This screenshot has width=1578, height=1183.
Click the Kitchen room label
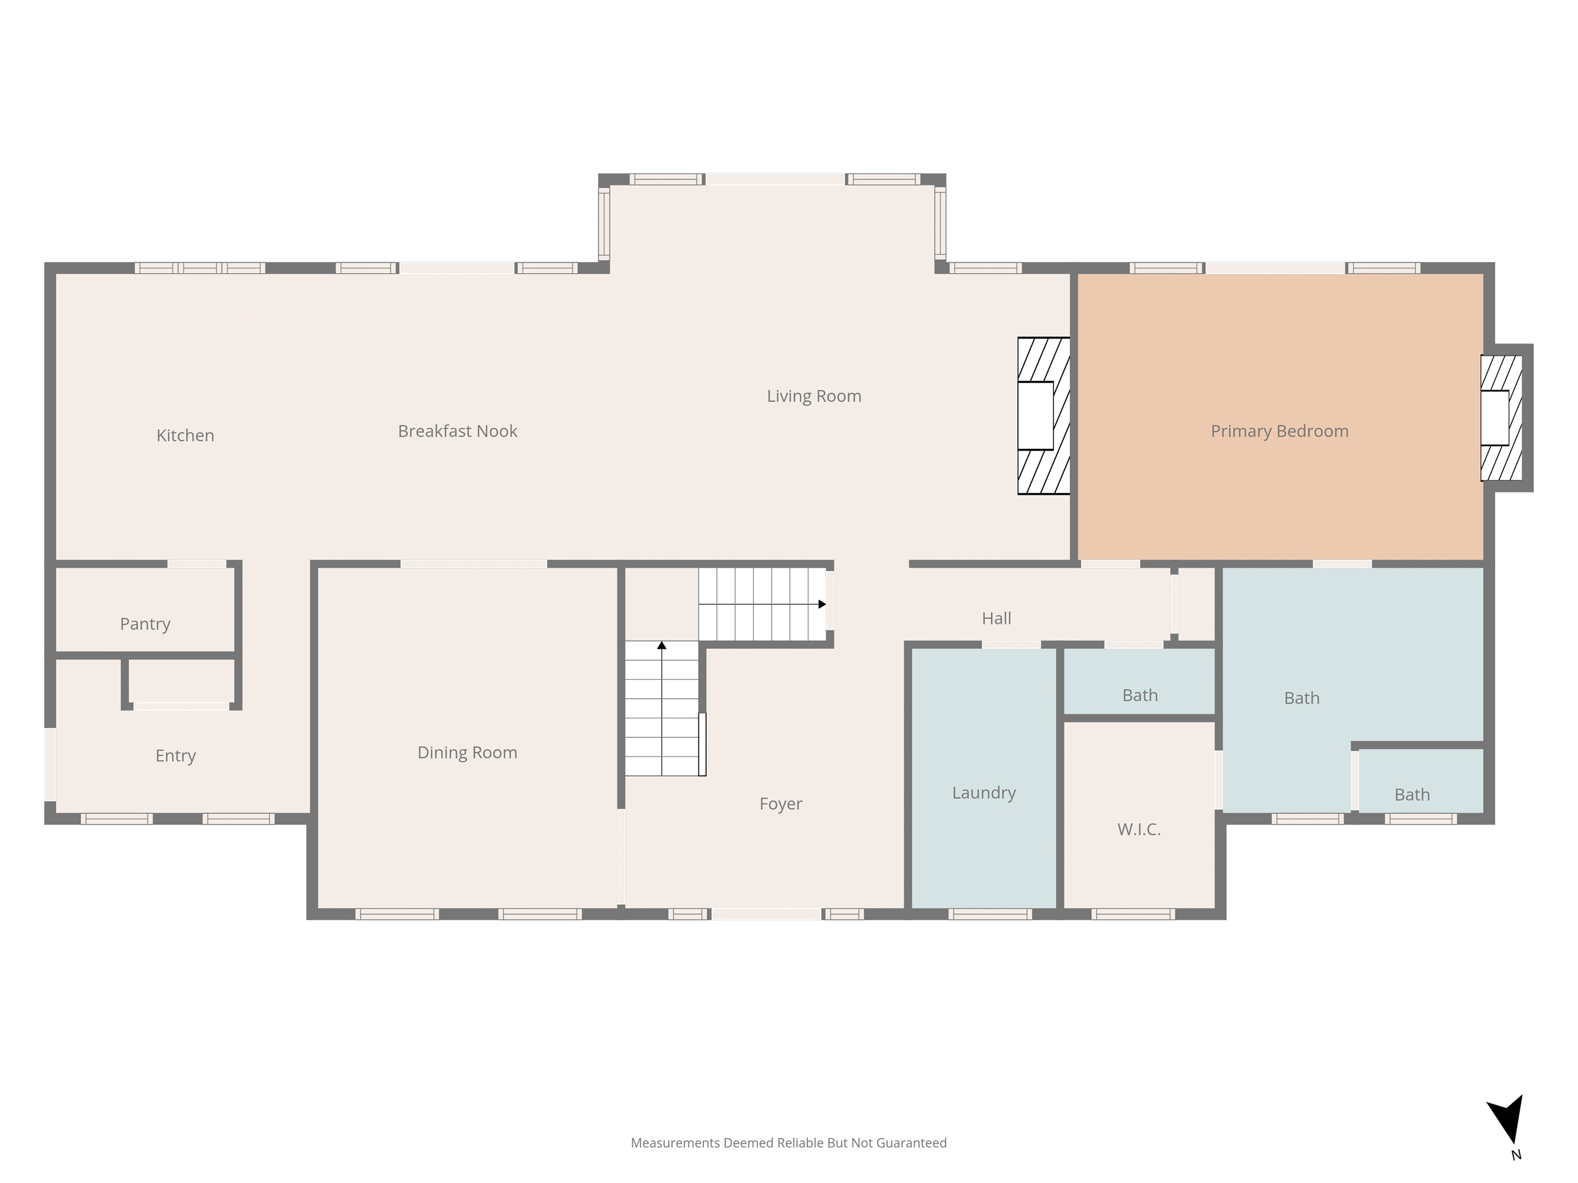[186, 435]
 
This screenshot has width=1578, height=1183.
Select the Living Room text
[814, 396]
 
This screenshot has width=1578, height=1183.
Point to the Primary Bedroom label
[1280, 432]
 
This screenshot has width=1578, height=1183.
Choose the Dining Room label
[467, 753]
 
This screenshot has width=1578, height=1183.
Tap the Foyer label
[781, 804]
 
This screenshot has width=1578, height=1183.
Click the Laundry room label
[984, 793]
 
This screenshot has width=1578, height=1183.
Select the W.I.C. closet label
[1138, 829]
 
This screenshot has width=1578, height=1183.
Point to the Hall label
[997, 618]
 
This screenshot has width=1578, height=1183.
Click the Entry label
[176, 756]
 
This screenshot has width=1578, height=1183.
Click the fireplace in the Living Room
[1043, 416]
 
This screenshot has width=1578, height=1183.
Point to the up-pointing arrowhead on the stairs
[661, 645]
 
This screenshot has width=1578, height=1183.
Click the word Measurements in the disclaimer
[676, 1143]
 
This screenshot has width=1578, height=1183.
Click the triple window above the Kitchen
[199, 268]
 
